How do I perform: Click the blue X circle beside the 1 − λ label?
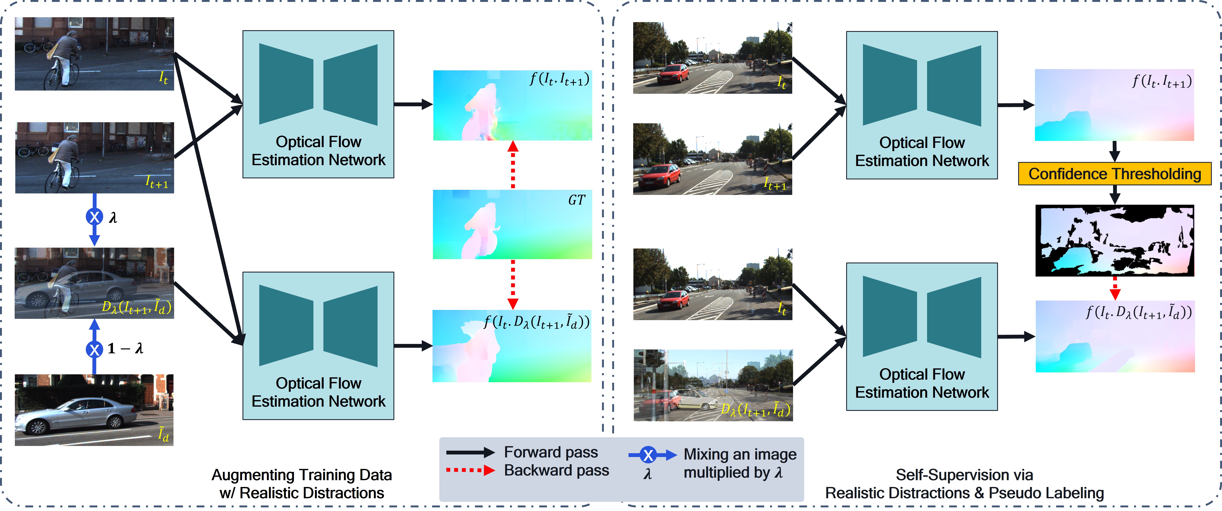[94, 349]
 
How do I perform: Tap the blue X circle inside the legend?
[648, 455]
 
